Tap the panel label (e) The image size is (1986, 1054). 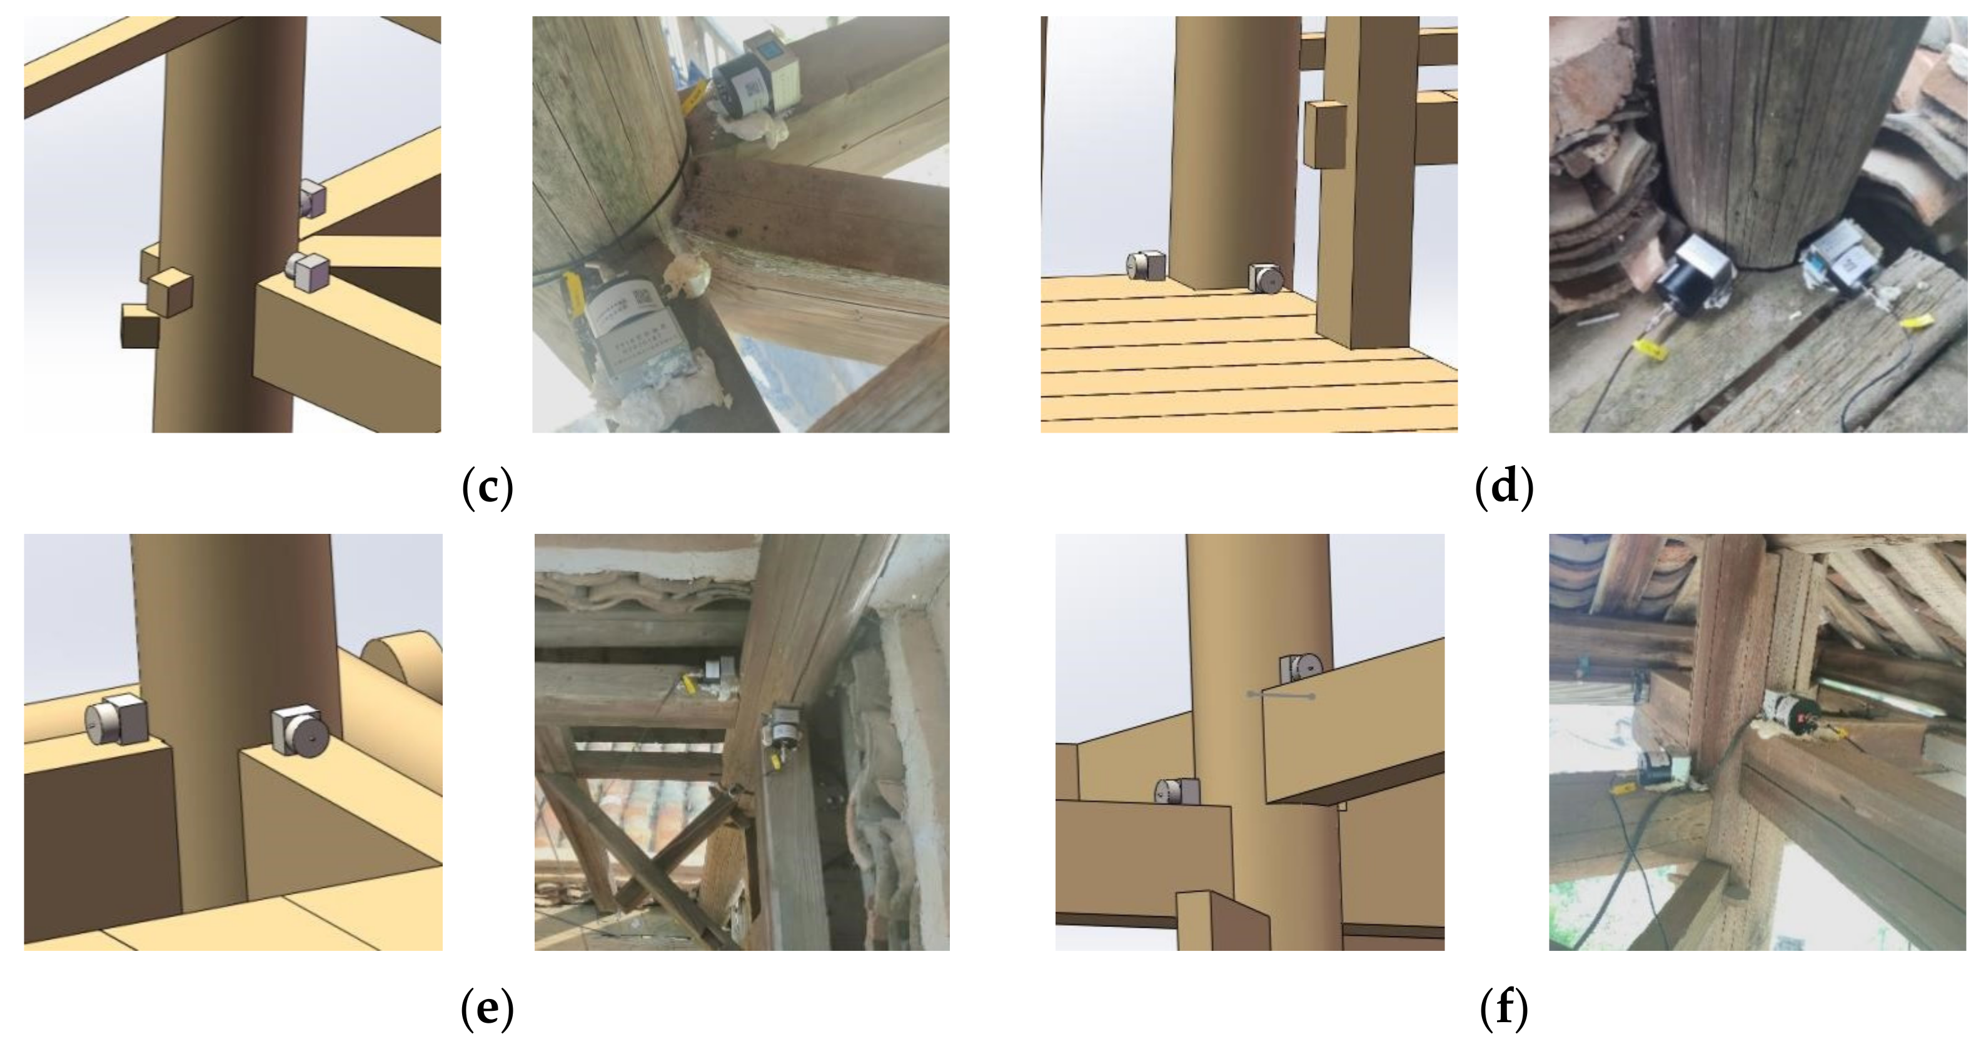coord(487,1008)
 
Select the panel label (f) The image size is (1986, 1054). coord(1503,1008)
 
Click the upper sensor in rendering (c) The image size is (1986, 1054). coord(311,198)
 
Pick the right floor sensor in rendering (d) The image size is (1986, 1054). coord(1265,278)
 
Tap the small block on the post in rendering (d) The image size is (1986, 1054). coord(1324,135)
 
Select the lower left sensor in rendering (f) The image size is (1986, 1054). coord(1176,792)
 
